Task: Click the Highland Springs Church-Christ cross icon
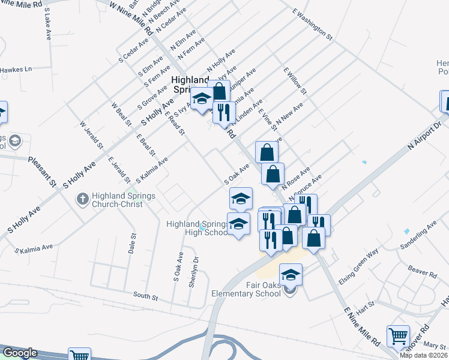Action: click(x=85, y=199)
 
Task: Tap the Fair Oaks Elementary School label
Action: click(x=246, y=290)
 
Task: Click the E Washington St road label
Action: click(x=312, y=23)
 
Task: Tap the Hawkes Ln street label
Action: click(x=16, y=70)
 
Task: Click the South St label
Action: click(x=145, y=296)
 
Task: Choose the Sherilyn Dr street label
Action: click(x=193, y=272)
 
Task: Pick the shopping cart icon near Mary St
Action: click(x=398, y=336)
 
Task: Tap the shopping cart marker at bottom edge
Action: click(x=79, y=355)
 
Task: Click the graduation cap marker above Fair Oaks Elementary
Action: click(x=291, y=274)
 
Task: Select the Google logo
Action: click(x=20, y=353)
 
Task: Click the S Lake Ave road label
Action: click(x=47, y=24)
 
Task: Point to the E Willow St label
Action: click(x=295, y=81)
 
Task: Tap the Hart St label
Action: click(x=365, y=307)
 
